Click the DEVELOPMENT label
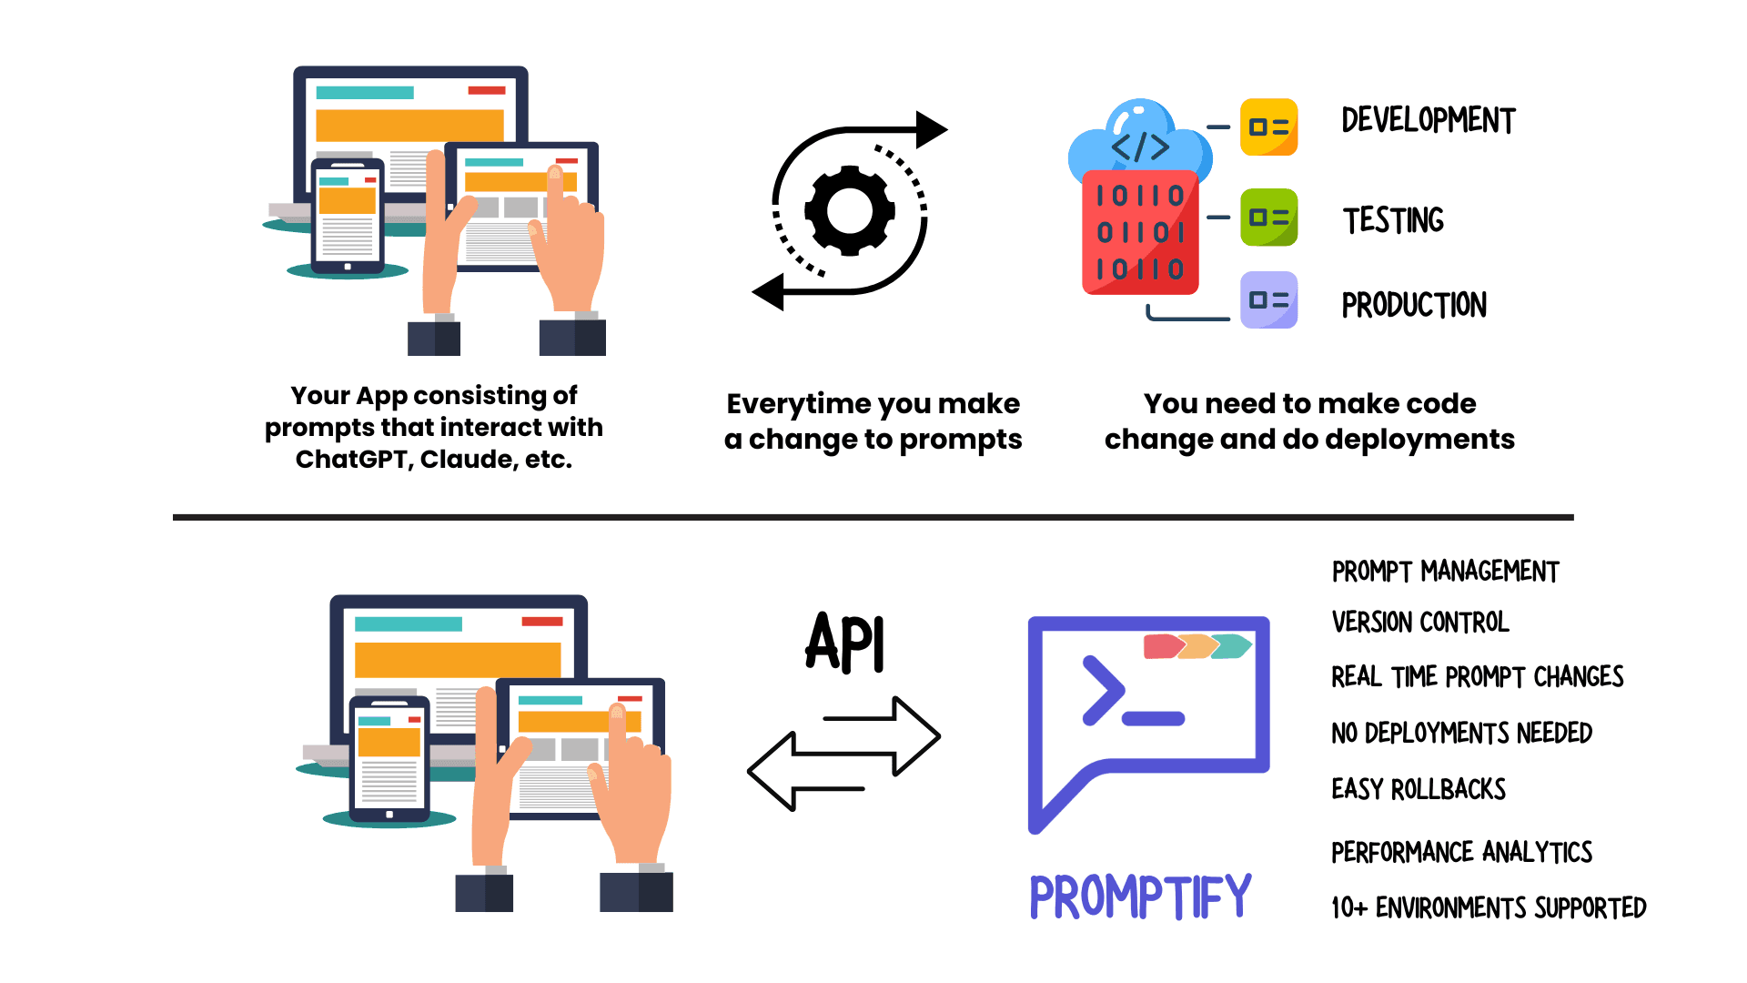(x=1428, y=121)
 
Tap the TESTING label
(x=1393, y=220)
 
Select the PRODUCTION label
(x=1414, y=305)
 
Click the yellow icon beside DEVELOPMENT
(x=1268, y=127)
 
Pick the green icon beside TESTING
(x=1268, y=218)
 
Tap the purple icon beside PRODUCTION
(x=1268, y=299)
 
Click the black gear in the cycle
(x=849, y=210)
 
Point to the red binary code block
(x=1140, y=233)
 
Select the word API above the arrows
(x=845, y=643)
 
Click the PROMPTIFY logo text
(x=1140, y=897)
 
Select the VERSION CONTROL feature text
(x=1420, y=623)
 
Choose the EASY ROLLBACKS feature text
(x=1419, y=789)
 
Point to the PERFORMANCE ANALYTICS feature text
(x=1461, y=853)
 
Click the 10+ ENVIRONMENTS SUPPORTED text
(x=1489, y=908)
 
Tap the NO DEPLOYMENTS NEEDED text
(x=1461, y=734)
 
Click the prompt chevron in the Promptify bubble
(x=1103, y=691)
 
